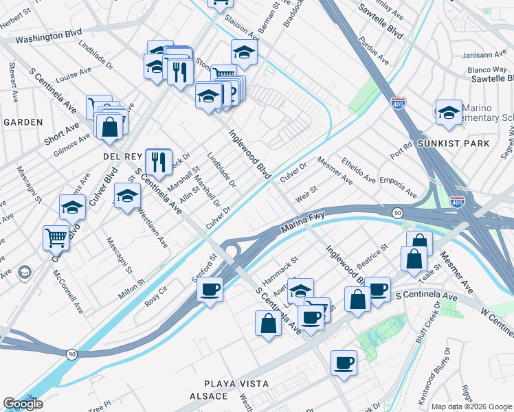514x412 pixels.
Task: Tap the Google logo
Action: [x=23, y=404]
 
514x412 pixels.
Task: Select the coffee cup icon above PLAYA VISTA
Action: [x=344, y=363]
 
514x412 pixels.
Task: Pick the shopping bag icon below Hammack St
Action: [x=268, y=324]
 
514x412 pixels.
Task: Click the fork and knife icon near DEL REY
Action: [x=159, y=162]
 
